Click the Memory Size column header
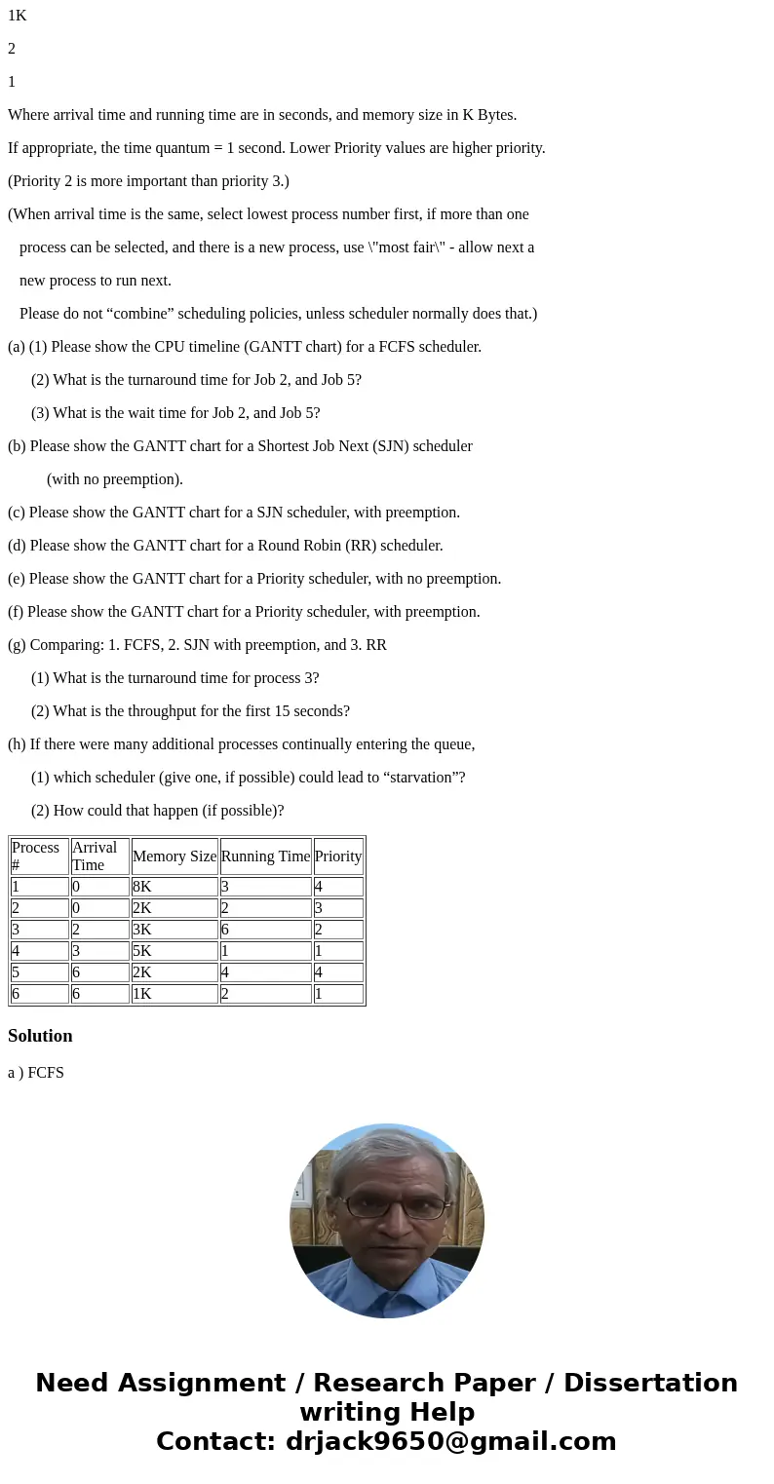pyautogui.click(x=174, y=856)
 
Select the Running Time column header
pyautogui.click(x=265, y=856)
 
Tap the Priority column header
pyautogui.click(x=338, y=856)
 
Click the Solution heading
pyautogui.click(x=40, y=1036)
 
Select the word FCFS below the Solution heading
pyautogui.click(x=46, y=1073)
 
